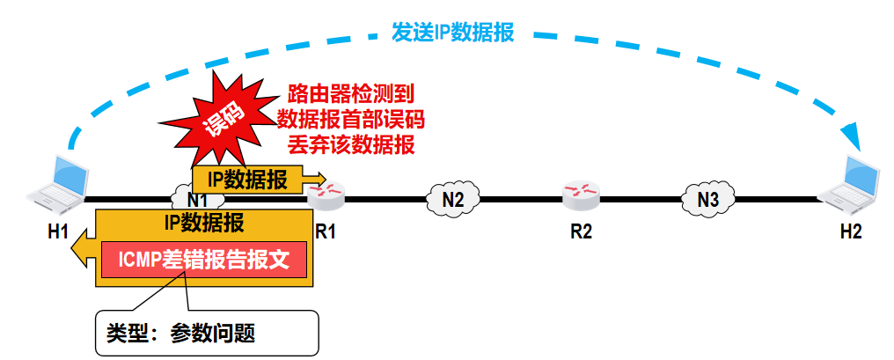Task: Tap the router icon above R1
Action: (x=328, y=194)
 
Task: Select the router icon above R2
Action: (x=581, y=194)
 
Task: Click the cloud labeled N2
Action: (x=452, y=199)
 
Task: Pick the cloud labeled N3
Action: (x=707, y=199)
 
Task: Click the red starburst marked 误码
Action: (x=222, y=117)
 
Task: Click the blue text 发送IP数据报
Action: (x=452, y=33)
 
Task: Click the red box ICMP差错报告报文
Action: (x=204, y=260)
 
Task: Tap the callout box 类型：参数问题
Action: (x=205, y=331)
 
